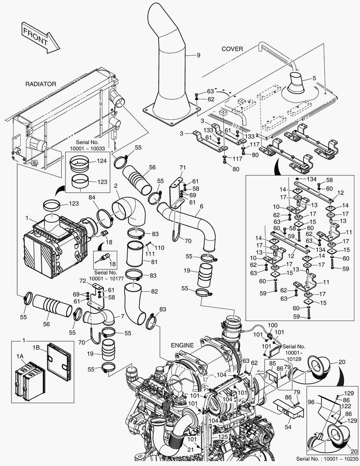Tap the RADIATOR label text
pyautogui.click(x=40, y=84)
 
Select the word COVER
pyautogui.click(x=232, y=49)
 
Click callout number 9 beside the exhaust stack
pyautogui.click(x=199, y=55)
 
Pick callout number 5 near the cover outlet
pyautogui.click(x=314, y=78)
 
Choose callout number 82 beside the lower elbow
pyautogui.click(x=154, y=291)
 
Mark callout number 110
pyautogui.click(x=160, y=248)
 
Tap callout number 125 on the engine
pyautogui.click(x=222, y=437)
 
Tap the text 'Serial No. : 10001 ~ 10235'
pyautogui.click(x=327, y=458)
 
